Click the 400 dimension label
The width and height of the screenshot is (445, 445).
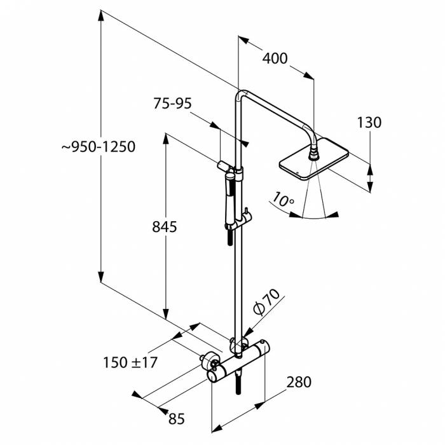click(x=275, y=59)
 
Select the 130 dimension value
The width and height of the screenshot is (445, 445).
click(x=369, y=123)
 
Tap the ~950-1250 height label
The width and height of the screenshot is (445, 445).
click(x=99, y=147)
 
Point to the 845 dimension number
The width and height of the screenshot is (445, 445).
click(x=163, y=227)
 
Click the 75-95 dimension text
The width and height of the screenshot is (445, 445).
click(x=172, y=104)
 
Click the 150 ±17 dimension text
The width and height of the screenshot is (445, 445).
click(x=130, y=362)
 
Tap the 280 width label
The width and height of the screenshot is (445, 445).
click(x=299, y=382)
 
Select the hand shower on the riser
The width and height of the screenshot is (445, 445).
click(x=228, y=197)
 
